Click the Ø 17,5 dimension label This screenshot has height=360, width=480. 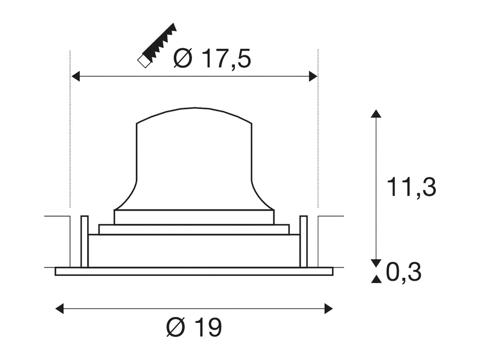[x=212, y=58]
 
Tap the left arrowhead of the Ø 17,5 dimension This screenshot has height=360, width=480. [x=76, y=76]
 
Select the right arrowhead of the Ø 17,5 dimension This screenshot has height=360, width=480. [x=313, y=76]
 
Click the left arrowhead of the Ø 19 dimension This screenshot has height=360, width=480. [x=60, y=309]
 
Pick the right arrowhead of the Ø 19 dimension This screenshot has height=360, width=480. [x=329, y=309]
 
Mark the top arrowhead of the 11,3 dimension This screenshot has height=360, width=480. [x=376, y=114]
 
